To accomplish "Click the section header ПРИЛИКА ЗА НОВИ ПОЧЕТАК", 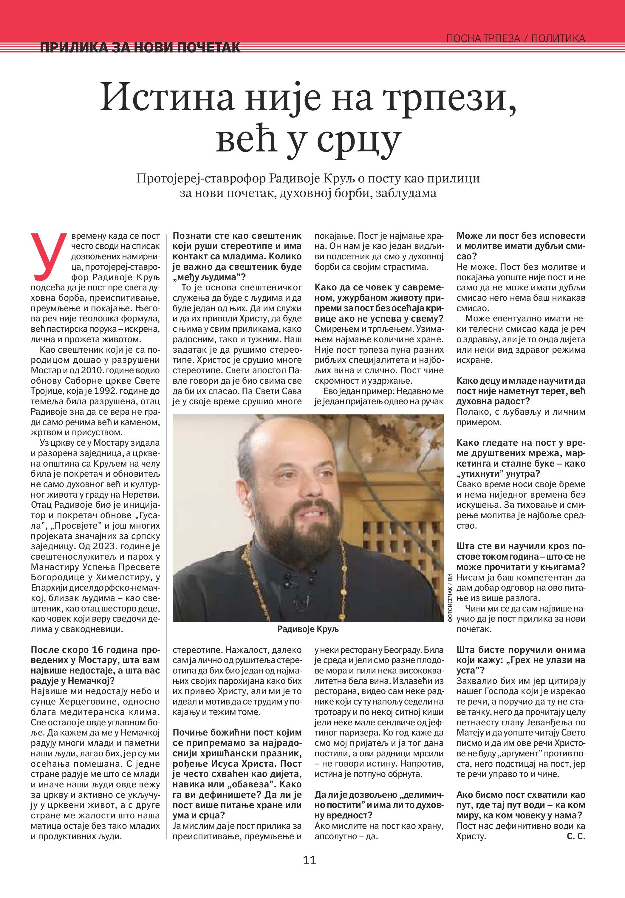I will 140,48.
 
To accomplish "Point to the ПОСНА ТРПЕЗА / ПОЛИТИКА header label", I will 516,38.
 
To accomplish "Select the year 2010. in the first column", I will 92,370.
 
